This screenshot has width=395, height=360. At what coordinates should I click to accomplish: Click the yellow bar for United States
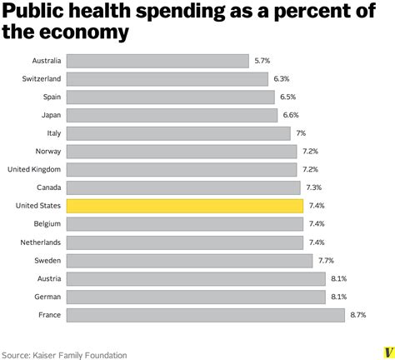point(184,206)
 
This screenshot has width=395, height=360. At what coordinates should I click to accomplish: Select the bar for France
point(205,314)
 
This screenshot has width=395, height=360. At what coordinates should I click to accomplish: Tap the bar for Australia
point(157,61)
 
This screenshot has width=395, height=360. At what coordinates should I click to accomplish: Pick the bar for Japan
point(171,115)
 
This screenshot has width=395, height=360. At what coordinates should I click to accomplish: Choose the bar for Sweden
point(189,260)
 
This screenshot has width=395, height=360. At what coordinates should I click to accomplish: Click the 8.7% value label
point(358,314)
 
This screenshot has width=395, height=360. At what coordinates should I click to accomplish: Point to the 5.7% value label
point(263,61)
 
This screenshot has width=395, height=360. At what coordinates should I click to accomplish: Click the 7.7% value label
point(327,260)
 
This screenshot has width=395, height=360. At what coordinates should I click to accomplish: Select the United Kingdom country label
point(33,169)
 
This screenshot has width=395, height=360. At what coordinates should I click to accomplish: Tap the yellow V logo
point(386,352)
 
